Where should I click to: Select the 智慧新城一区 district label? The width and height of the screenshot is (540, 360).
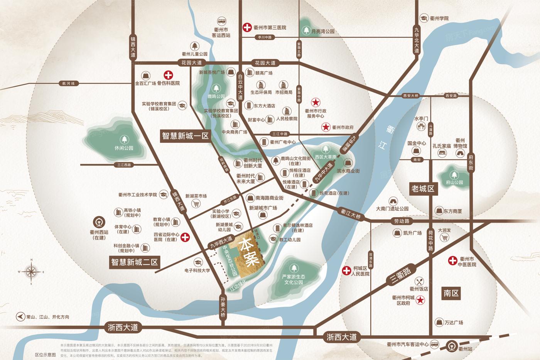[x=185, y=136]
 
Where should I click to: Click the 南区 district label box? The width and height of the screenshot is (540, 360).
[x=451, y=293]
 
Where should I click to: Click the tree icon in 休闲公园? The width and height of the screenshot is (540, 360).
[x=124, y=139]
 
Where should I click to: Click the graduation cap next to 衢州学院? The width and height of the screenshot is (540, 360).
[x=424, y=19]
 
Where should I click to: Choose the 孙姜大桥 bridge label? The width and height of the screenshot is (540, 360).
[x=223, y=306]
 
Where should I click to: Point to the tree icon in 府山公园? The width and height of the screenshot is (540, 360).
[x=454, y=174]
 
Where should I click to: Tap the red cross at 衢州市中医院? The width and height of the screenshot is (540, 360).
[x=452, y=261]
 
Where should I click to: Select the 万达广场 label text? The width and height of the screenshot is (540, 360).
[x=453, y=323]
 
